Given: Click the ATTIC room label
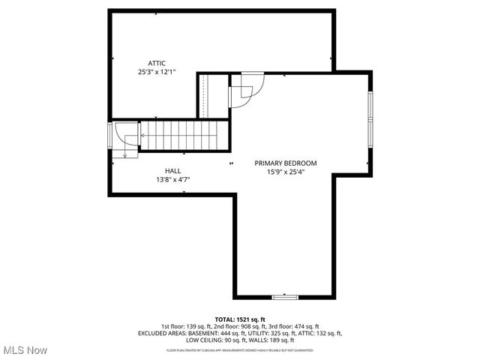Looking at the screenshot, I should click(x=157, y=63).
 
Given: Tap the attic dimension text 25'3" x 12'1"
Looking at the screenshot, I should click(x=157, y=72).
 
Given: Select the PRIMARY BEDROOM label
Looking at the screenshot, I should click(x=285, y=163).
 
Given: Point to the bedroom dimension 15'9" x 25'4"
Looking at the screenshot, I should click(x=285, y=172).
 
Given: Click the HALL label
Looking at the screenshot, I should click(x=173, y=171).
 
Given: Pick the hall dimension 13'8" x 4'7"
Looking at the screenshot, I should click(x=173, y=180).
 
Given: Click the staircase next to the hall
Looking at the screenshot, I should click(x=179, y=136).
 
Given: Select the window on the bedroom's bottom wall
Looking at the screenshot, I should click(x=285, y=298).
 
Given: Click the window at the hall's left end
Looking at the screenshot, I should click(x=110, y=136).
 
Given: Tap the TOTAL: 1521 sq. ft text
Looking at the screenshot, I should click(x=240, y=319).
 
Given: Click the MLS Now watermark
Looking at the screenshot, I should click(x=25, y=350).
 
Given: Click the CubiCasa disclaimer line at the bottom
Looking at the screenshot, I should click(x=240, y=349).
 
